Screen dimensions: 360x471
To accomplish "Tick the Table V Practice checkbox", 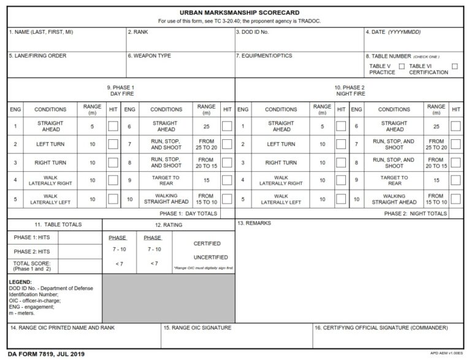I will [x=402, y=66].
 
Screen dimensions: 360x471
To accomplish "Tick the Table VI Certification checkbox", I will [x=454, y=66].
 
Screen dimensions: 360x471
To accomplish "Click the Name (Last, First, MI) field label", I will [x=41, y=32].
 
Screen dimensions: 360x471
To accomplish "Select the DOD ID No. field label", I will [x=253, y=32].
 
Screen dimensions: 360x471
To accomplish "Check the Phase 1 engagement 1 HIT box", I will [x=113, y=126].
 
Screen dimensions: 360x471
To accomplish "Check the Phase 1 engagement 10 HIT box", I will [x=227, y=199].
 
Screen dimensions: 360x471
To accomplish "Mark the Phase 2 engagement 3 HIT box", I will [x=341, y=163].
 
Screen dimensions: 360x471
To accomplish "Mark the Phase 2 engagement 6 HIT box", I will [x=455, y=126].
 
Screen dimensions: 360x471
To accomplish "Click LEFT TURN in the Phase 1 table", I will [x=50, y=145].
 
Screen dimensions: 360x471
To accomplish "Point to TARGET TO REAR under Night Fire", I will [x=394, y=180].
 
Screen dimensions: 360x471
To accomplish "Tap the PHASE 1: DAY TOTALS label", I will [x=188, y=213].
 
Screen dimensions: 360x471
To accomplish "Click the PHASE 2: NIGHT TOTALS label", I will [x=415, y=213].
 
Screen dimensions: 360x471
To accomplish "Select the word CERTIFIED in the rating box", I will [x=207, y=243].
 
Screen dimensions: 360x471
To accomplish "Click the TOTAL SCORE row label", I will [x=32, y=266].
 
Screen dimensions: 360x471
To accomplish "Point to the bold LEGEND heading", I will [x=21, y=282].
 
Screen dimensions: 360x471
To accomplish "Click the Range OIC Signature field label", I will [x=197, y=328].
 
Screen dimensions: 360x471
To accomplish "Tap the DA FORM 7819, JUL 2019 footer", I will [x=46, y=354].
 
